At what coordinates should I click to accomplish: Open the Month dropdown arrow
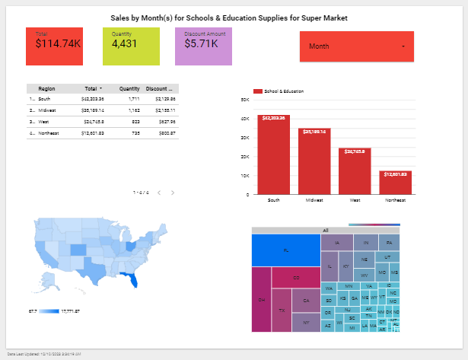coord(403,47)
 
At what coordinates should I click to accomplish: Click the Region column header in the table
coord(46,88)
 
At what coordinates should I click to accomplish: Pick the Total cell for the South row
coord(92,99)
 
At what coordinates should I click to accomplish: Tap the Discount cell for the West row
coord(164,121)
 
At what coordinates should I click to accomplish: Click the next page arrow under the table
coord(173,193)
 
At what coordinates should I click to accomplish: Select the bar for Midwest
coord(314,161)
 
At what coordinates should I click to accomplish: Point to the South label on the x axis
coord(273,200)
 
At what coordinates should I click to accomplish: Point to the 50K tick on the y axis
coord(244,100)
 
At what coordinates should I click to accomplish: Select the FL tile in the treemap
coord(285,250)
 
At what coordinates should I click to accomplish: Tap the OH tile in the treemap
coord(261,299)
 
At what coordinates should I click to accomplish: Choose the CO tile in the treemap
coord(295,277)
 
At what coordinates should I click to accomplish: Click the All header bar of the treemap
coord(325,230)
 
